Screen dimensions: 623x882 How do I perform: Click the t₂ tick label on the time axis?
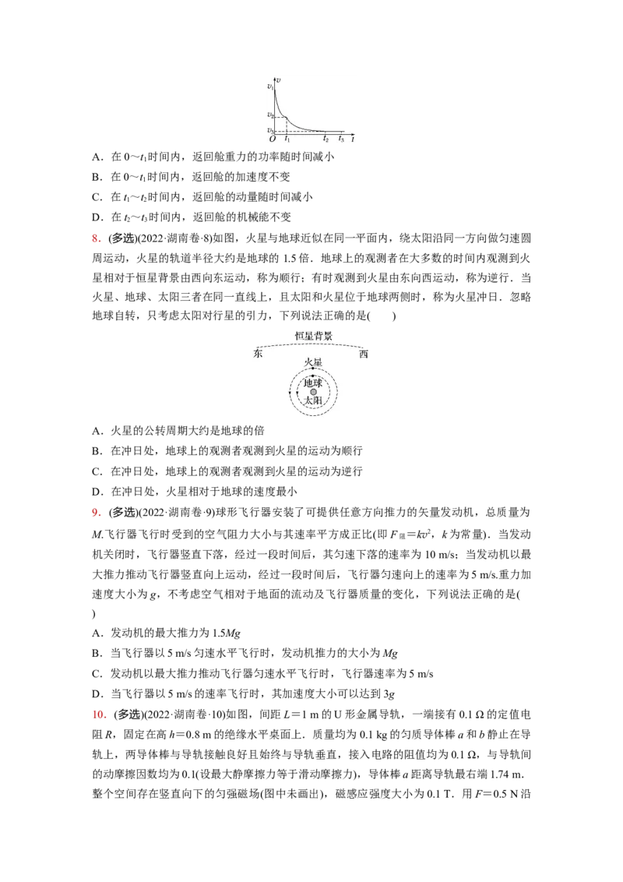click(326, 139)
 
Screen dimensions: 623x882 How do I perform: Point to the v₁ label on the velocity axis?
click(270, 86)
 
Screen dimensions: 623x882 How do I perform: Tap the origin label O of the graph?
click(272, 139)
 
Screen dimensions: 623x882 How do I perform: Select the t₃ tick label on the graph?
click(341, 139)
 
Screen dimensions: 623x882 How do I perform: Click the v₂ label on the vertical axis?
click(270, 115)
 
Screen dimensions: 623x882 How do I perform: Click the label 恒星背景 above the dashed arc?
click(314, 336)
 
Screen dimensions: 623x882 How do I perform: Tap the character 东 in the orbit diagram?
click(258, 354)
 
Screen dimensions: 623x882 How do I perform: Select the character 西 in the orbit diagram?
click(364, 354)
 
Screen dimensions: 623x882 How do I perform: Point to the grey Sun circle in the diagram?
click(313, 392)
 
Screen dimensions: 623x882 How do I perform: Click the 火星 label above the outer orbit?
click(313, 363)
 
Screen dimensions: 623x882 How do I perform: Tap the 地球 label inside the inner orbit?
click(313, 383)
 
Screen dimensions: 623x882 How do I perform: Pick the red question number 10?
click(100, 714)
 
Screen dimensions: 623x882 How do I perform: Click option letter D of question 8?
click(97, 492)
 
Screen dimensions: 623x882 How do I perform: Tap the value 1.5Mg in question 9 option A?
click(227, 633)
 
